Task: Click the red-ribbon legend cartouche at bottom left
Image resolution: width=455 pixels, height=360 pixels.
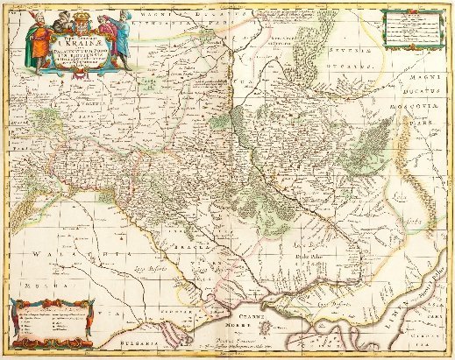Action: point(50,321)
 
